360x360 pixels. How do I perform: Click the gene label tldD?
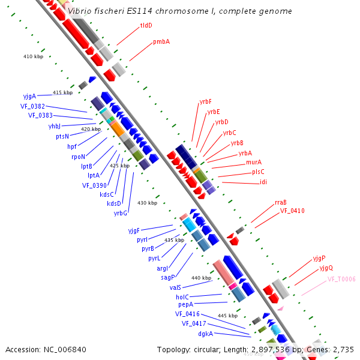(146, 26)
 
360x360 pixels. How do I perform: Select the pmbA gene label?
(161, 42)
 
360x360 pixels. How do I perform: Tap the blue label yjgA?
(29, 96)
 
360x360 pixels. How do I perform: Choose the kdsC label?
(106, 194)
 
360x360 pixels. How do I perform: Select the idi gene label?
(263, 182)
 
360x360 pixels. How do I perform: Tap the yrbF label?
(205, 102)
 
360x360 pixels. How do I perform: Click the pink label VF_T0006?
(341, 280)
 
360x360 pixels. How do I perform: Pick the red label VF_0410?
(292, 211)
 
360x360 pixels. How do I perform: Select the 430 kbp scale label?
(147, 203)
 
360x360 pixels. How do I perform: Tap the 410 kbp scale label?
(34, 56)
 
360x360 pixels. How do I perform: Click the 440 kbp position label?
(202, 278)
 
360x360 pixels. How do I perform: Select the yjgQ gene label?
(326, 268)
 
